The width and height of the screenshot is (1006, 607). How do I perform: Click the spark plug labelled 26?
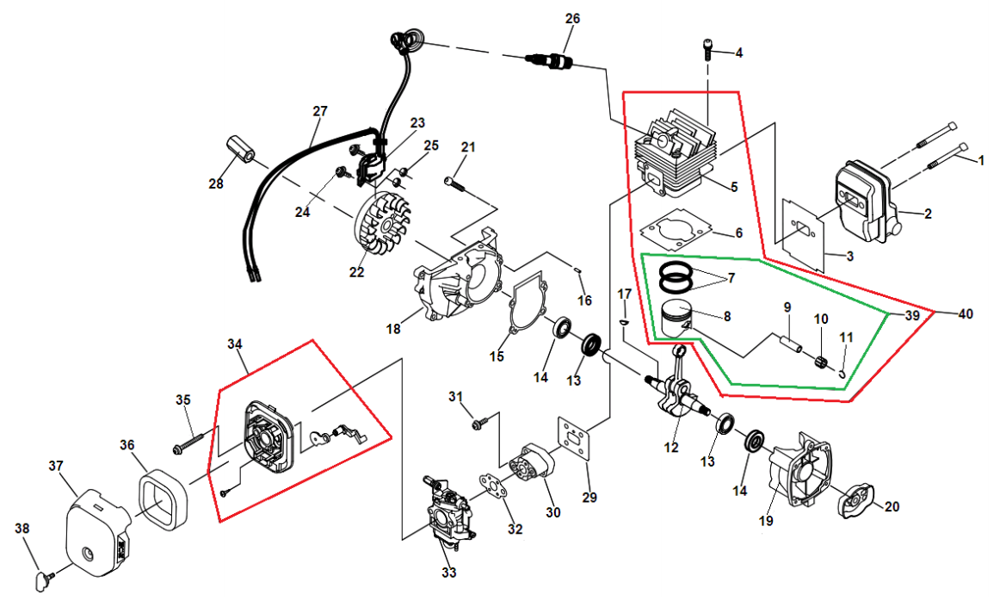coord(549,60)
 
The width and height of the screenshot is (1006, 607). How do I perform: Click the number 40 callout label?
coord(965,314)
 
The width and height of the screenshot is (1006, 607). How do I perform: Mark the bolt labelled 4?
coord(707,48)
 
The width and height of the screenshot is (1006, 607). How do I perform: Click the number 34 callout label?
coord(235,344)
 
